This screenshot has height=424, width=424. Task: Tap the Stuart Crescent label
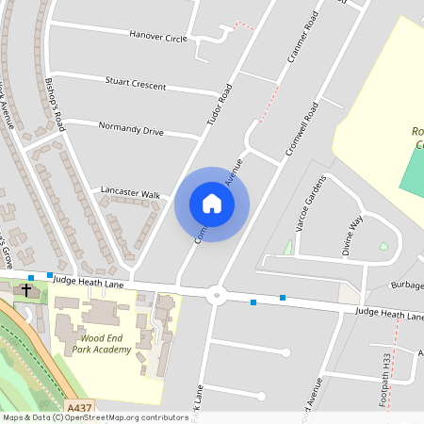(x=136, y=85)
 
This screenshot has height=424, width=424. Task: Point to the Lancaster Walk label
(x=130, y=194)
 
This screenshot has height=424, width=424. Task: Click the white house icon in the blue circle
(x=212, y=204)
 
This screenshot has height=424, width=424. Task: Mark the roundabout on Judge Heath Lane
(x=218, y=295)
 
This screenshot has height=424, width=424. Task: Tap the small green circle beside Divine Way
(x=383, y=246)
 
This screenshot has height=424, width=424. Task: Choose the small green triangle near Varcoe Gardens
(x=287, y=248)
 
